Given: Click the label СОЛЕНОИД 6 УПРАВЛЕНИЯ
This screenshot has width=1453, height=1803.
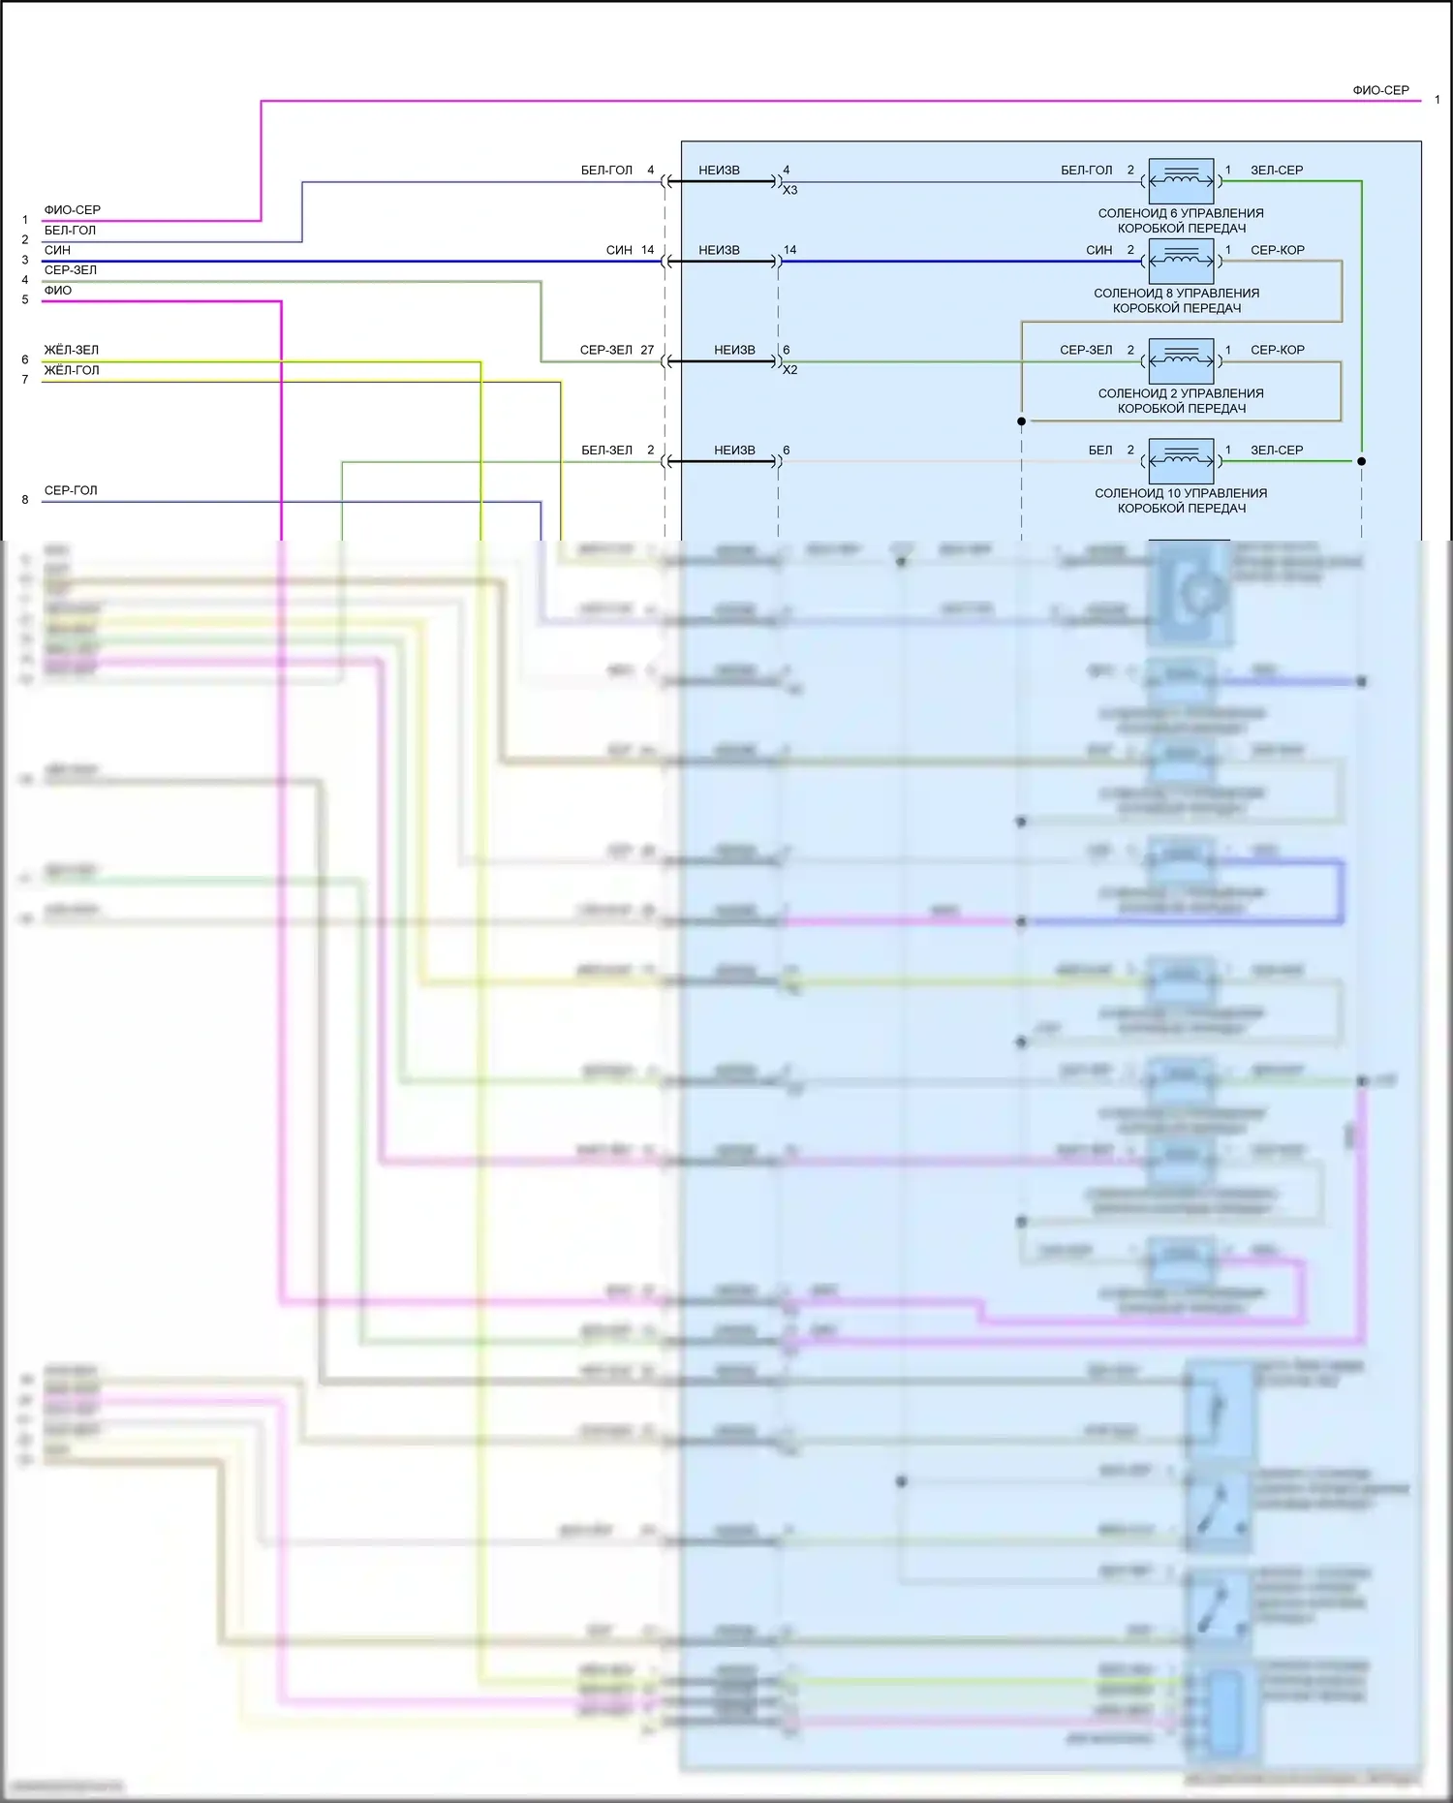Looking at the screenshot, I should tap(1180, 213).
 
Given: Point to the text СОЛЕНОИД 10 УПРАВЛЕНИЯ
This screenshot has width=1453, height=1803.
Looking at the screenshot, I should tap(1180, 493).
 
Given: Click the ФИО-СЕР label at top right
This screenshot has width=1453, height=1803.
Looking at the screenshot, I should tap(1380, 90).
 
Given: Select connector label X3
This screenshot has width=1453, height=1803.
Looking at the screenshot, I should tap(790, 191).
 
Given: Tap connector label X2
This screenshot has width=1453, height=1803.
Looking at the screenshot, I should tap(790, 370).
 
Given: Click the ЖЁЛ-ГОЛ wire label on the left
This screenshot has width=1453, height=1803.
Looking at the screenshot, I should tap(72, 370).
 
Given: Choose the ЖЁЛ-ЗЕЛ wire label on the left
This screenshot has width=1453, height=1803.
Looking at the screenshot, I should tap(72, 350).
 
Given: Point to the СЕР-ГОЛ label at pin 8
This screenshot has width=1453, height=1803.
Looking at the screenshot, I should tap(71, 490).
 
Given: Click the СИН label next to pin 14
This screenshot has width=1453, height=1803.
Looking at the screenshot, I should tap(619, 250).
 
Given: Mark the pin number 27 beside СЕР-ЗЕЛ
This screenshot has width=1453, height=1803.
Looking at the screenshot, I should tap(647, 350).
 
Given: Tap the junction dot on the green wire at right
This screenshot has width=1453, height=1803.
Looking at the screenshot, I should tap(1361, 461).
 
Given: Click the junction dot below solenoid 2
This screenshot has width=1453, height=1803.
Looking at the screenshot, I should tap(1021, 421).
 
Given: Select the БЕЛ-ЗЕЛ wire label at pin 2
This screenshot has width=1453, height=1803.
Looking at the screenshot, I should tap(606, 451).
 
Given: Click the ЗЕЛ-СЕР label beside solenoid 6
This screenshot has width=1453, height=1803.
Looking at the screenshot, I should tap(1277, 171).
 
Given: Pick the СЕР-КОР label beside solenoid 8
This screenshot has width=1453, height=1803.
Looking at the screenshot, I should tap(1277, 250).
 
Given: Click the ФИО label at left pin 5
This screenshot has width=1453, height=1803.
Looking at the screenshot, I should tap(58, 291).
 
